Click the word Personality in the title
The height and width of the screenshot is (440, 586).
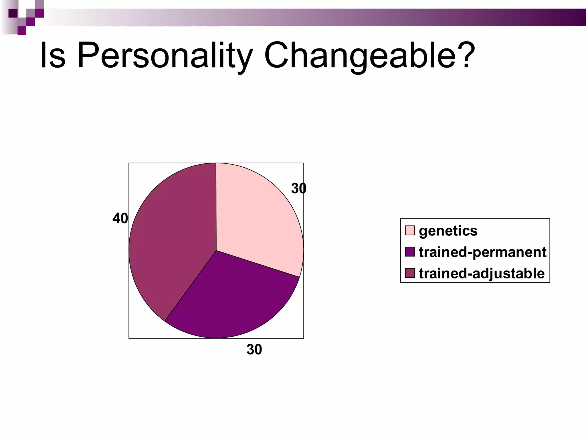point(165,56)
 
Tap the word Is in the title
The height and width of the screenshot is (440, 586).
point(53,56)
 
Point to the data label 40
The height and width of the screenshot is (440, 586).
point(120,219)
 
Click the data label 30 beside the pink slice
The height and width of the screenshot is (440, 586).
point(298,188)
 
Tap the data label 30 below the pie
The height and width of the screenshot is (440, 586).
point(254,349)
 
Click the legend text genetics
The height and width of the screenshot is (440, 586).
point(448,231)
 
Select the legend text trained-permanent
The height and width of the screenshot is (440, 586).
point(482,252)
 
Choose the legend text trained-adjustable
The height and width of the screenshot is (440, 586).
point(482,273)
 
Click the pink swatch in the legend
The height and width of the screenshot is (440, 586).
point(410,230)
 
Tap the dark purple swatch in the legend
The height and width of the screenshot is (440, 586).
point(410,252)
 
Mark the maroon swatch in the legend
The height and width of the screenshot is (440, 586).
point(410,273)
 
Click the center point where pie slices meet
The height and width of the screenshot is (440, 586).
point(216,251)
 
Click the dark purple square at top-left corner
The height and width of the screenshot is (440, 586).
point(13,13)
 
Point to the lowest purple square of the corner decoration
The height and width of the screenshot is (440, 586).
point(22,31)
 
